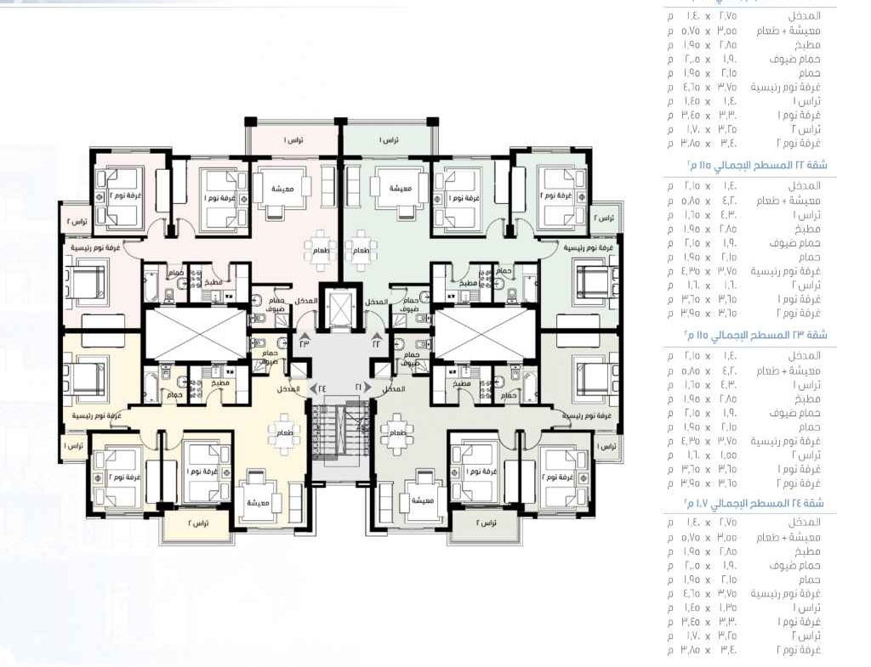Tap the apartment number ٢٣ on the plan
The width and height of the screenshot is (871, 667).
pos(305,343)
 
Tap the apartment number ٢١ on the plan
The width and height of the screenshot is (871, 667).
pos(359,387)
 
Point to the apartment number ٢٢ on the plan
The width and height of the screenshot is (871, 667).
pos(377,343)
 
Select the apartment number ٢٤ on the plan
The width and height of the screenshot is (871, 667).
pos(322,387)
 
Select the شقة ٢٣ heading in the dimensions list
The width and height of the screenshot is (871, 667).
pos(757,335)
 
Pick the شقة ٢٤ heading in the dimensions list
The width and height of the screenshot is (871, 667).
pos(757,504)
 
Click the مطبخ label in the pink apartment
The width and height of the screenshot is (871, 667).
pos(213,283)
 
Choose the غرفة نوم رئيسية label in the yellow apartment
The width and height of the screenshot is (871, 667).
pos(94,415)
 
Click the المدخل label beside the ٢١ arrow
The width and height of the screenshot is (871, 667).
pos(393,388)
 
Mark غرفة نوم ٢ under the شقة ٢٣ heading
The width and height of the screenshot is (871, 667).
pos(799,483)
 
